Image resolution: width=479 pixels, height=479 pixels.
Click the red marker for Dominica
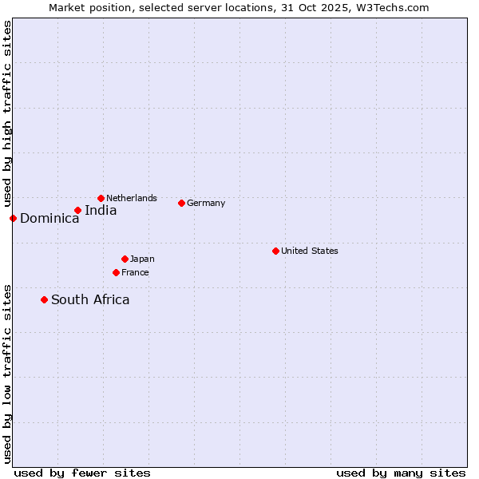point(13,218)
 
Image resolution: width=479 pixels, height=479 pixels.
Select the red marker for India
point(77,210)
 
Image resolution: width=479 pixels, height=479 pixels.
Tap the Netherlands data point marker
point(101,198)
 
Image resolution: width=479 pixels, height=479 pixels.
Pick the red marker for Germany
point(181,203)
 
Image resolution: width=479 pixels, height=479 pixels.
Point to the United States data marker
point(275,251)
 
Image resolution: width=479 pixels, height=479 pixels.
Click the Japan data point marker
point(125,259)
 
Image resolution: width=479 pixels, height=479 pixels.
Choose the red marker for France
point(116,272)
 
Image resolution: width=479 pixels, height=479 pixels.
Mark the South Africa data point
point(44,299)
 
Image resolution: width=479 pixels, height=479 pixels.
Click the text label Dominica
point(49,219)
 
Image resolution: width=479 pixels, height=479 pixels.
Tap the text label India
point(101,211)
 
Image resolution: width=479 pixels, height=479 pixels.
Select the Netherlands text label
point(132,198)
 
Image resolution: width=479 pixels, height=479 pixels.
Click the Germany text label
point(206,203)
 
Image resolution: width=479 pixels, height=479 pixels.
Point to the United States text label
point(310,251)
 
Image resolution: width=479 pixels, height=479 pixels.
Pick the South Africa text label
point(90,300)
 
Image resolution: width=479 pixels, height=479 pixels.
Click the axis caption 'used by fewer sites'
point(82,473)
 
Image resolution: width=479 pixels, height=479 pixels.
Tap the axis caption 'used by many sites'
point(401,473)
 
